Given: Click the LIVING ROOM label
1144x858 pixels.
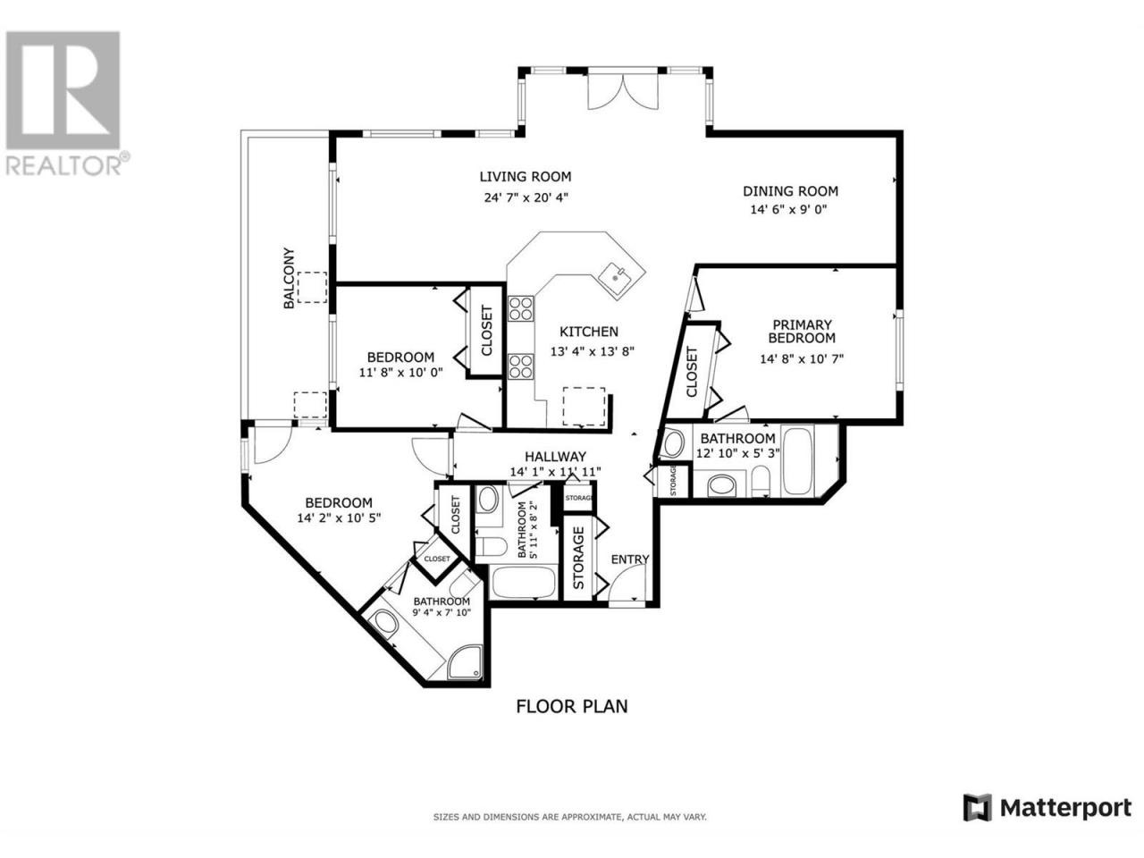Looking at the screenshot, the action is (526, 177).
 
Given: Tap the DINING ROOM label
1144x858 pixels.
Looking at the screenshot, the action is (790, 191).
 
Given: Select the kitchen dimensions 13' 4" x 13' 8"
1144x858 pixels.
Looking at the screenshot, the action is (592, 351).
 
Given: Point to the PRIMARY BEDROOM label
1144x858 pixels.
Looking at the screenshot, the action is (802, 332).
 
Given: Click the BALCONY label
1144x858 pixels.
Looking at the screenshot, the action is (289, 278).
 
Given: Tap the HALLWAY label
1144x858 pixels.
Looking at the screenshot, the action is (555, 457).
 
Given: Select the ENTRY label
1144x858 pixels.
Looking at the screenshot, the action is (630, 559).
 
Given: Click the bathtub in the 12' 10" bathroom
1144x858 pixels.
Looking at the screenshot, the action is (797, 461).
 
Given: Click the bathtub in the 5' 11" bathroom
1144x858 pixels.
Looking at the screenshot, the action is (523, 583).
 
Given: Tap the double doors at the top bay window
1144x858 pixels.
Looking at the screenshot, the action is (623, 90).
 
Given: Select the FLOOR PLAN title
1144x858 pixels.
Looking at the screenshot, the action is (572, 706).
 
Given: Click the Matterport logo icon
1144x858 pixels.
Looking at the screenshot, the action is (977, 822).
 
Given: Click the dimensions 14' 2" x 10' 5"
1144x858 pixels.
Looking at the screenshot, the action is (339, 518).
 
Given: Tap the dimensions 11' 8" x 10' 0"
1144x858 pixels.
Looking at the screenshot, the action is (400, 373).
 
